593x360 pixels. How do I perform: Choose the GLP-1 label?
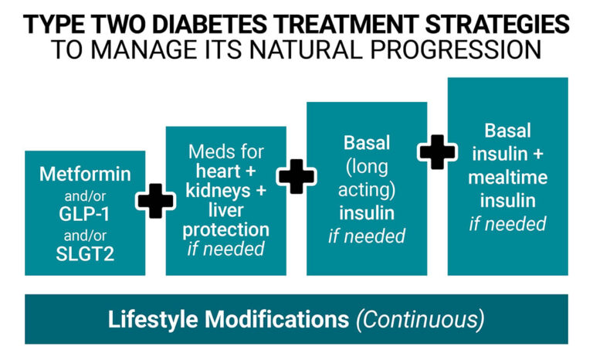[85, 214]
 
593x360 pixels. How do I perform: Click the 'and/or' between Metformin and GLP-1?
[85, 194]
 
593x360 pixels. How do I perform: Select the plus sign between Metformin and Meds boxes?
[156, 202]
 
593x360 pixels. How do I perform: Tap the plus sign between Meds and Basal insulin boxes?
[296, 176]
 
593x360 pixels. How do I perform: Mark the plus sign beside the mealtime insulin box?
[438, 151]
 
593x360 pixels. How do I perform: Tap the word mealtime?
[508, 178]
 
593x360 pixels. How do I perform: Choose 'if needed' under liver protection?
[226, 249]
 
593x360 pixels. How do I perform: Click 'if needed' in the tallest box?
[508, 224]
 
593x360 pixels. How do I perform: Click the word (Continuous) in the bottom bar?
[420, 318]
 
